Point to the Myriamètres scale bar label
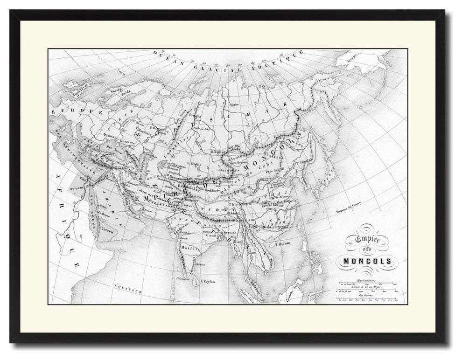(366, 280)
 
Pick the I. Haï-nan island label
(283, 243)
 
